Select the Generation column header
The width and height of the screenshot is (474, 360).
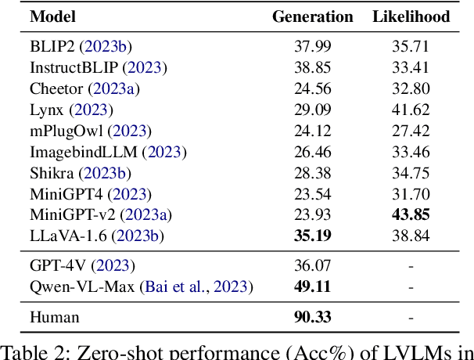312,16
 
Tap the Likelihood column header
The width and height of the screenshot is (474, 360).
411,16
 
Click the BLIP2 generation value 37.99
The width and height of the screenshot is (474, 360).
312,46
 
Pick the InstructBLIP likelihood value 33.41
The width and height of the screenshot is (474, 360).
411,67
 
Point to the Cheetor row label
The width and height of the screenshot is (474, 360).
55,88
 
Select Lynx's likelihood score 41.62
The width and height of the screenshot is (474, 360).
411,110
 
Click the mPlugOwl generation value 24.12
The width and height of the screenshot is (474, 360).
312,131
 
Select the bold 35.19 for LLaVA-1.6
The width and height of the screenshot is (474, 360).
312,236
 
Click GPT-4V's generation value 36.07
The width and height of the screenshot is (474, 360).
312,266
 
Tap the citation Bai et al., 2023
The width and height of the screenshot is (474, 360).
196,287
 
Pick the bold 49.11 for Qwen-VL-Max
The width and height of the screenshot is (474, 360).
312,287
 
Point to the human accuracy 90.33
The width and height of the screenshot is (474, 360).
312,317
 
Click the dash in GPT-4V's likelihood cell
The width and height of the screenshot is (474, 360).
411,266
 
